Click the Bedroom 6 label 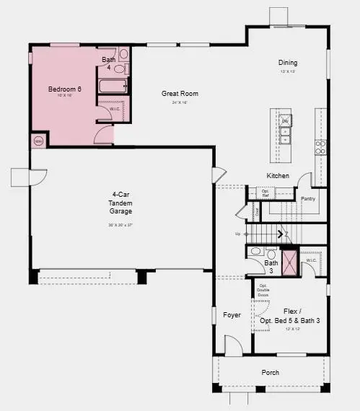click(x=63, y=89)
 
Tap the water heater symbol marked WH click(x=38, y=140)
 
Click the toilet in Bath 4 click(x=123, y=54)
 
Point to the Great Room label click(x=180, y=93)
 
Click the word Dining click(x=288, y=63)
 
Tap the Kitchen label click(x=278, y=176)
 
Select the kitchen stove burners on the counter click(x=320, y=148)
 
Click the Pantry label click(x=308, y=198)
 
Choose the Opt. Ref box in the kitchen click(x=265, y=193)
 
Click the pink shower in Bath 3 click(x=289, y=262)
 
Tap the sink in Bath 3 click(x=255, y=252)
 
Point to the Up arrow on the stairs click(x=238, y=234)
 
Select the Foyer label click(x=232, y=315)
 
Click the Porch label click(x=271, y=372)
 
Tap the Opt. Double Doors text click(x=263, y=291)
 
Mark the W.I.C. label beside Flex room click(x=311, y=260)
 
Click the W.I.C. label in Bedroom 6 click(x=115, y=109)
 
